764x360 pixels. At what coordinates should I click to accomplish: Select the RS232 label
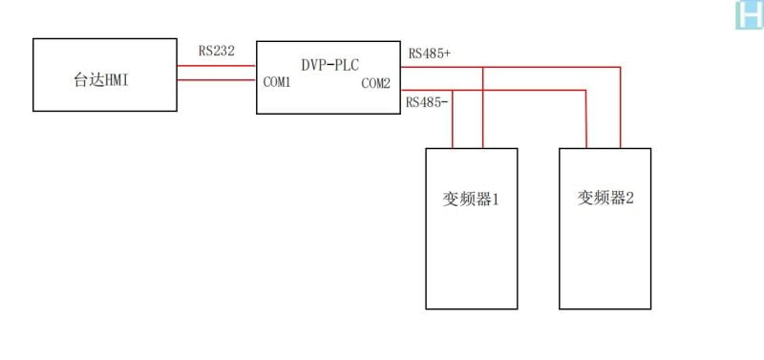tap(217, 51)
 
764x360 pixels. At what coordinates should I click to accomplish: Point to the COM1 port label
tap(277, 83)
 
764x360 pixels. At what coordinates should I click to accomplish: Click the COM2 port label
tap(375, 84)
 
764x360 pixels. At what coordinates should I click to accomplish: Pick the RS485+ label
tap(429, 53)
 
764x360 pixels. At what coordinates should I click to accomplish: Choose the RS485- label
tap(427, 101)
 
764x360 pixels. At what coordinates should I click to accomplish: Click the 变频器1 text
tap(471, 201)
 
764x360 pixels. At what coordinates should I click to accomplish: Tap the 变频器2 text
tap(605, 198)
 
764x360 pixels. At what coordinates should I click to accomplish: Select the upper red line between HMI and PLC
tap(217, 66)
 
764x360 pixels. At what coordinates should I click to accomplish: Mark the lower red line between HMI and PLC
tap(217, 81)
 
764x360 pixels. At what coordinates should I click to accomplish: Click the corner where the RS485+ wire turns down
tap(621, 67)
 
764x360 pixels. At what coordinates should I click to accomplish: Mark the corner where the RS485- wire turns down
tap(585, 91)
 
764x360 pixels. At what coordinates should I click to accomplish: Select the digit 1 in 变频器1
tap(496, 201)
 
